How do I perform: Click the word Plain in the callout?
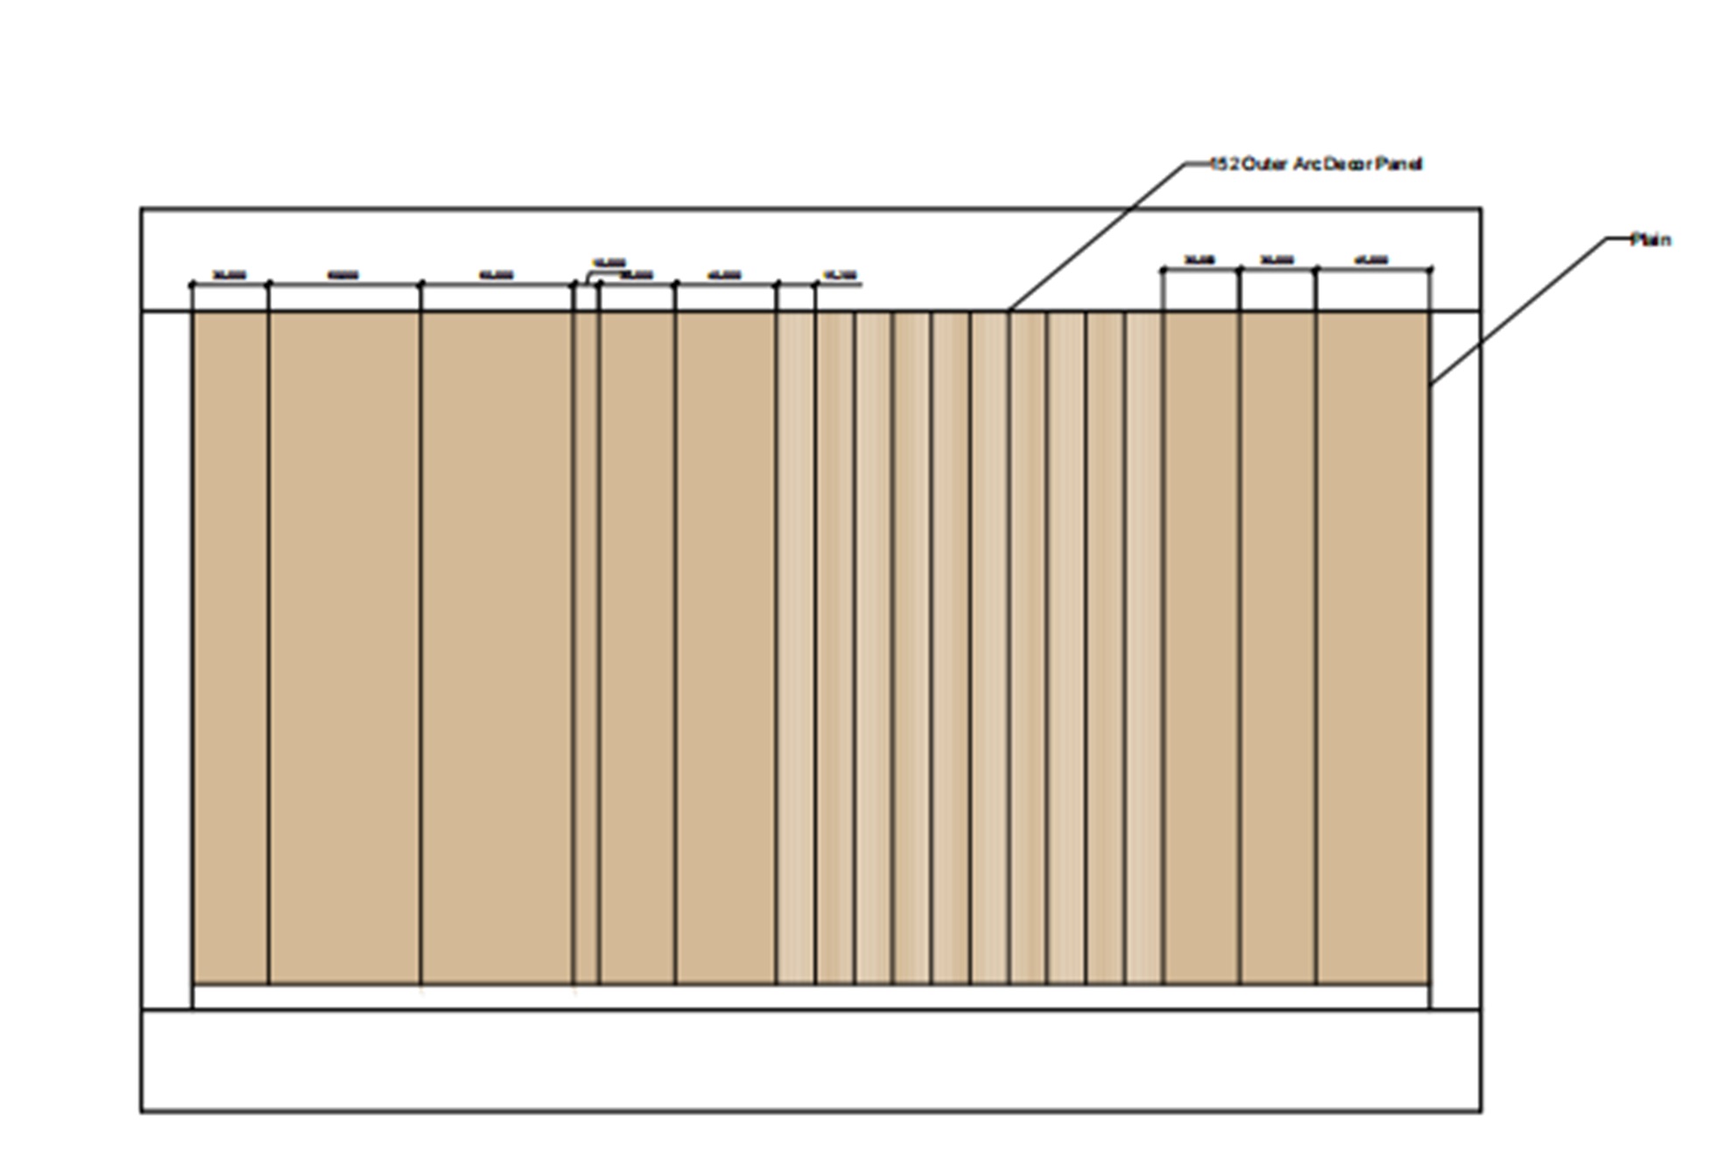tap(1651, 240)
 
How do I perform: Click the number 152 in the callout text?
tap(1225, 165)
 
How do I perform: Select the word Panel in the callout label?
tap(1398, 165)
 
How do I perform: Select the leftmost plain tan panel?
tap(230, 648)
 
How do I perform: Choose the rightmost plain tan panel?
tap(1373, 648)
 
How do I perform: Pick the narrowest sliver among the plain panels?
tap(586, 648)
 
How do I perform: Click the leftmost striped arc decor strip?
tap(796, 648)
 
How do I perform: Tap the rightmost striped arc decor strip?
tap(1144, 648)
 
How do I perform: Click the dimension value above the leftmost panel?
tap(229, 275)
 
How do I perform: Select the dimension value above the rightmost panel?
tap(1371, 260)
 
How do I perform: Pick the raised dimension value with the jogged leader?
tap(609, 262)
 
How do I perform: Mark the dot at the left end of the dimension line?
tap(193, 285)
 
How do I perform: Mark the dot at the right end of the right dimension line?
tap(1431, 270)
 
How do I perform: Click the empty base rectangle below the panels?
tap(811, 1060)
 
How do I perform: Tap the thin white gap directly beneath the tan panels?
tap(811, 997)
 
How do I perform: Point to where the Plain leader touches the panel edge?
tap(1431, 384)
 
